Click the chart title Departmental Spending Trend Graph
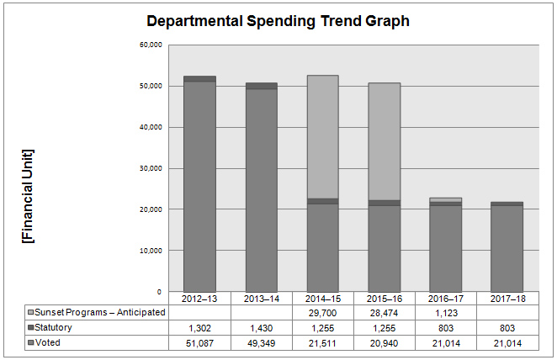coord(278,21)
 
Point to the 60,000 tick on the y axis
coord(149,45)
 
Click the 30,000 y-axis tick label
coord(149,168)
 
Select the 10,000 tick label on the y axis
coord(149,251)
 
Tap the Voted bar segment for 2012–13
coord(199,185)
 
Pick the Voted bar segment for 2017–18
coord(507,248)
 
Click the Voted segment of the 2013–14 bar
coord(261,189)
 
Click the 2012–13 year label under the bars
coord(199,299)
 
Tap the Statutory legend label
coord(58,328)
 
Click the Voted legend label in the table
coord(50,343)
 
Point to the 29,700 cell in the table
coord(322,313)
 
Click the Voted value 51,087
coord(199,343)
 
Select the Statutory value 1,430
coord(261,328)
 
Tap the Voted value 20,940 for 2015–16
coord(384,343)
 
